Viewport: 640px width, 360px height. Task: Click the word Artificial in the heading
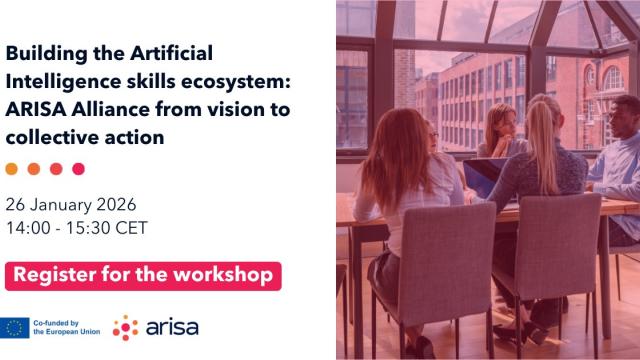(173, 52)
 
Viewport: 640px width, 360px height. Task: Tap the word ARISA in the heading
(38, 109)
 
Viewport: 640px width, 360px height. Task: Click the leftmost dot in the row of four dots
(12, 169)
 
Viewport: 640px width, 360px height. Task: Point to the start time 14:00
(27, 227)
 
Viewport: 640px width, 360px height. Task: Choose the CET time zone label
(132, 227)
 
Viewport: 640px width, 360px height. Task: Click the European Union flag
(15, 326)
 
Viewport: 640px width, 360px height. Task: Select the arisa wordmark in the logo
(172, 326)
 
